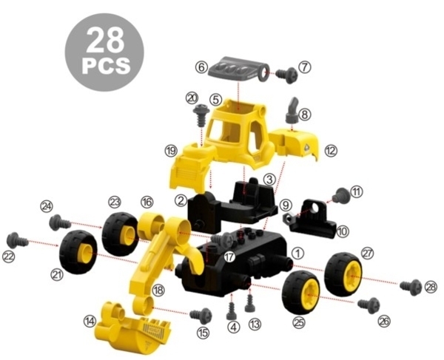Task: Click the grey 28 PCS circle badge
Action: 104,52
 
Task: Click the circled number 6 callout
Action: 201,67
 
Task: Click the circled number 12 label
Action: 331,151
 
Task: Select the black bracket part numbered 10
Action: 310,220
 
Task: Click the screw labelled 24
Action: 59,223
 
